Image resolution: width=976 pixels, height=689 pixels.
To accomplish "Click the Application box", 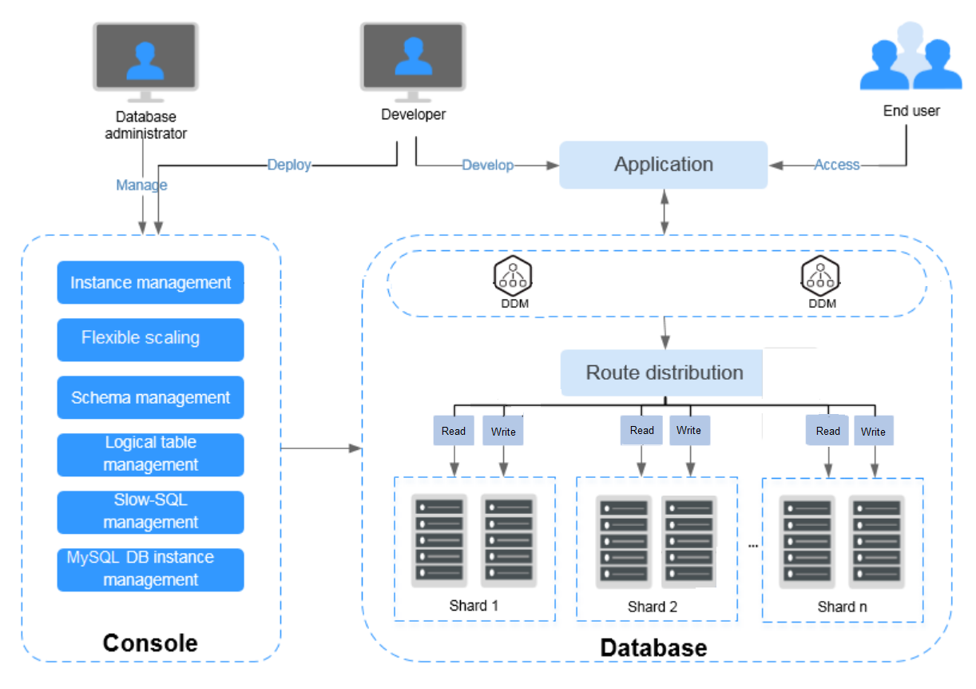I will [663, 165].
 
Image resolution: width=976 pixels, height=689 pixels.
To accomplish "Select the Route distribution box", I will [664, 372].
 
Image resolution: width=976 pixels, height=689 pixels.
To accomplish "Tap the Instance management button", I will [150, 282].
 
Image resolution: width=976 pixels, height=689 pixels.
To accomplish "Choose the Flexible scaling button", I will [150, 339].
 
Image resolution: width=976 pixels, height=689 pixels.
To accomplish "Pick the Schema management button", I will [150, 397].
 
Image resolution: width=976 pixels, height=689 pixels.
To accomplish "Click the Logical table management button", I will [150, 454].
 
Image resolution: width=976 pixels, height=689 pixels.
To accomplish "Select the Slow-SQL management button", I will [150, 512].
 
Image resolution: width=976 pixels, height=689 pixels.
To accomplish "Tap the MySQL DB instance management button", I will [150, 569].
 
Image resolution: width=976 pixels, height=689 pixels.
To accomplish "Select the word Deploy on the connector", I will [288, 165].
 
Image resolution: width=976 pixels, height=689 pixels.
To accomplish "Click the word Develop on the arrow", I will [487, 165].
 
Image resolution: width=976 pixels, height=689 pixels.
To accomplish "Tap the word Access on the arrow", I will [836, 165].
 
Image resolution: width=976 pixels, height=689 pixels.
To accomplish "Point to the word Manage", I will [141, 185].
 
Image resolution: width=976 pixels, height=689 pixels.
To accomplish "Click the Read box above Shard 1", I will [454, 431].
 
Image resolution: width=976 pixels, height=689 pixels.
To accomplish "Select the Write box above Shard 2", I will [688, 430].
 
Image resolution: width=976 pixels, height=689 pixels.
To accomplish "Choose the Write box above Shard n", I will [873, 431].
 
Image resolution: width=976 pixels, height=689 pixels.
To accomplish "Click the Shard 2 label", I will [653, 607].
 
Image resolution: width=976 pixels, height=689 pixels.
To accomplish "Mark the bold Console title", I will [150, 643].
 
